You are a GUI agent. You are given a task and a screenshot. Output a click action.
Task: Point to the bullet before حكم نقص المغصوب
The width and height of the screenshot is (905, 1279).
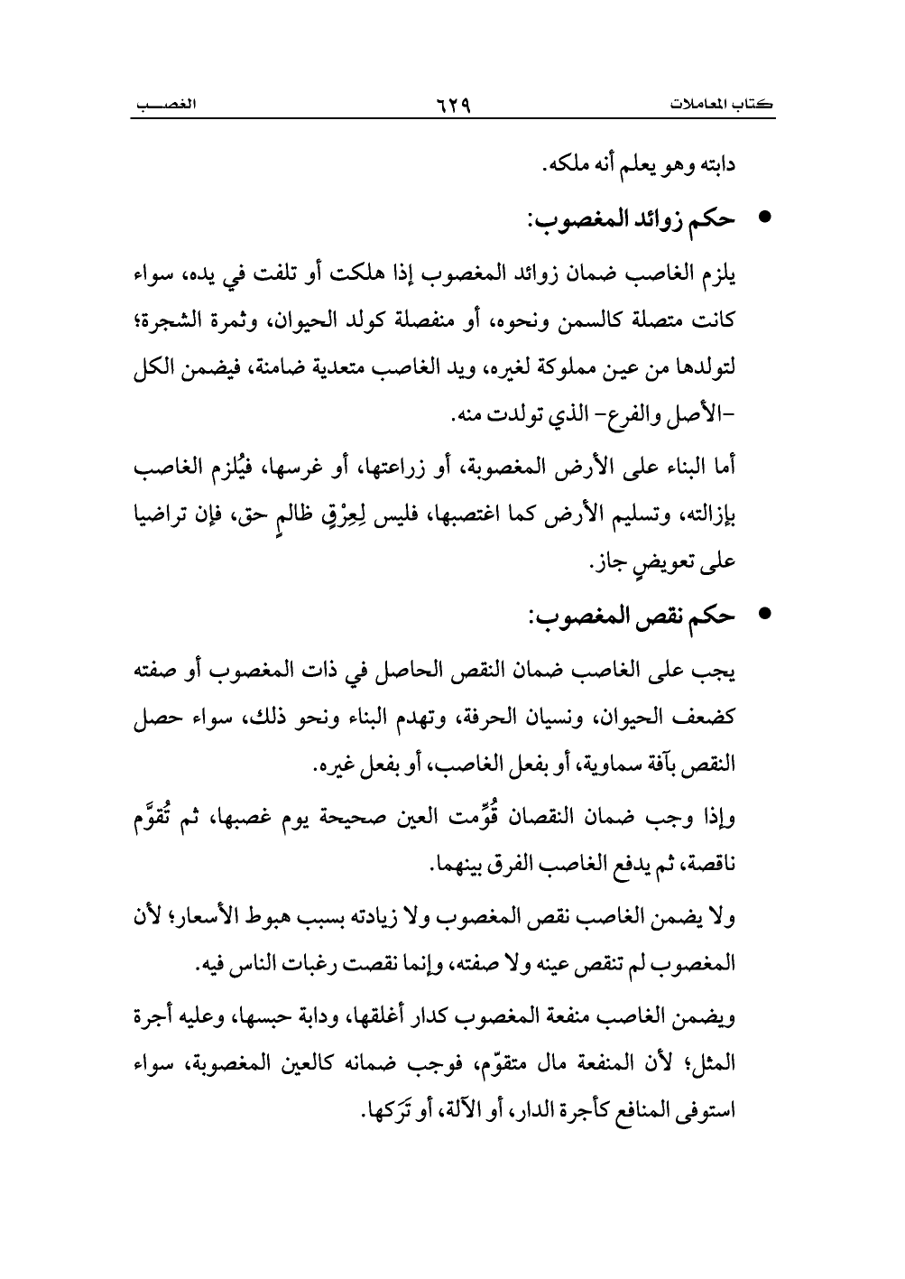pyautogui.click(x=763, y=616)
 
